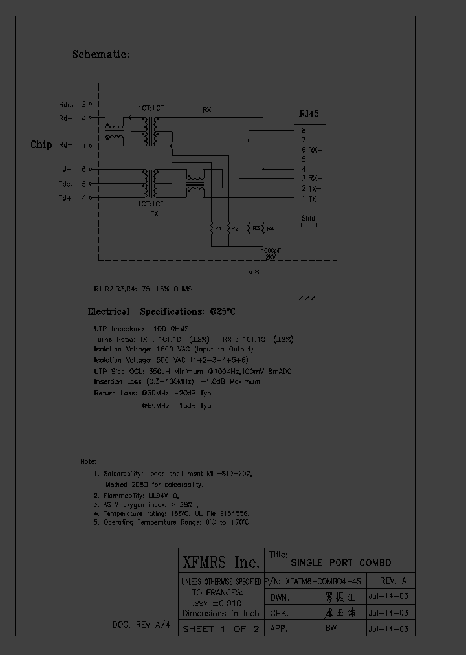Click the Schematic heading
101,55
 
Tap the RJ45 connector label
309,113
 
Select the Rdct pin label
67,104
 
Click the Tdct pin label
67,184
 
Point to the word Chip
41,144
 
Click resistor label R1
218,228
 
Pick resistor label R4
271,228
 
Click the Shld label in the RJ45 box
309,219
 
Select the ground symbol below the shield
309,297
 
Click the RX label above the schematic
207,110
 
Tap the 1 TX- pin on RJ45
311,199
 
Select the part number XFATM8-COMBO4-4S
323,580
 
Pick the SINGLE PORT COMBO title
340,562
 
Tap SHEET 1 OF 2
221,628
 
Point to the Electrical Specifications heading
161,311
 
